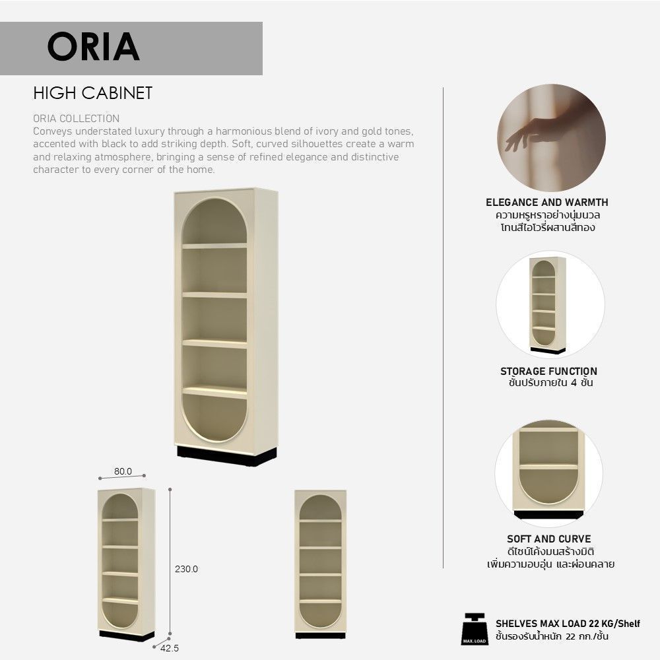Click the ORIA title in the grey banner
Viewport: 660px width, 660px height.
[93, 46]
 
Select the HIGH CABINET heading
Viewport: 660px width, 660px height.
[92, 93]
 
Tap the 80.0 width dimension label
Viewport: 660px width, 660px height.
[123, 471]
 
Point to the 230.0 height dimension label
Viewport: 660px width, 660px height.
[187, 569]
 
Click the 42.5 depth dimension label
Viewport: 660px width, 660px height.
[170, 648]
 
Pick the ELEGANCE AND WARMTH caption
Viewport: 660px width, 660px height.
[547, 203]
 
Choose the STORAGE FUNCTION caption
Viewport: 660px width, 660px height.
[548, 371]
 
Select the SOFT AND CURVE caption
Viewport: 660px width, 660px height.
[549, 539]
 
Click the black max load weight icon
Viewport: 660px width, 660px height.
[475, 629]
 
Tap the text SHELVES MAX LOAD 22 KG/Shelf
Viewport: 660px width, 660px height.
[568, 624]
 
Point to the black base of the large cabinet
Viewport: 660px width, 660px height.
[227, 457]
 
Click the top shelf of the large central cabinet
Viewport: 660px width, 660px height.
[214, 246]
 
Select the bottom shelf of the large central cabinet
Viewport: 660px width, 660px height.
[214, 392]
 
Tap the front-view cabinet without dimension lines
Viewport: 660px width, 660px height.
[320, 564]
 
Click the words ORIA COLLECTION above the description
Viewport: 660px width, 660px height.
[76, 118]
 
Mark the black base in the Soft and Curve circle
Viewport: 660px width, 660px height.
[549, 514]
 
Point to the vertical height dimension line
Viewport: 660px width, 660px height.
[170, 562]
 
